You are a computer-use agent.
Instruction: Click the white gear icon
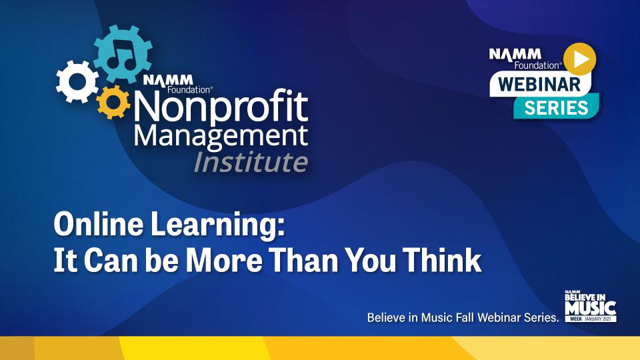point(77,81)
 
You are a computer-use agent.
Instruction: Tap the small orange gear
point(113,102)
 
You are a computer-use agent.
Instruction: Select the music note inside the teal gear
point(121,54)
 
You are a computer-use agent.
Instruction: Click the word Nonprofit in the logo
point(221,107)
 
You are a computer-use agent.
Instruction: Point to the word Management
point(221,137)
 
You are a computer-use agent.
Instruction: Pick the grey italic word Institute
point(251,162)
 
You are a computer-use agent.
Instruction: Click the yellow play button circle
point(579,59)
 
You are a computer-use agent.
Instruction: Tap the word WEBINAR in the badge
point(539,85)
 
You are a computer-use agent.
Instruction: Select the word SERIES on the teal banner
point(556,108)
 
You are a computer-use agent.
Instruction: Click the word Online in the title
point(99,225)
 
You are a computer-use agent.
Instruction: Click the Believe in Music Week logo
point(591,306)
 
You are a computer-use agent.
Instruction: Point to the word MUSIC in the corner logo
point(591,308)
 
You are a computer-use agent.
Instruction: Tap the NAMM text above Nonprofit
point(168,80)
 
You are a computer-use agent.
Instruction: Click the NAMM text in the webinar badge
point(515,54)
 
